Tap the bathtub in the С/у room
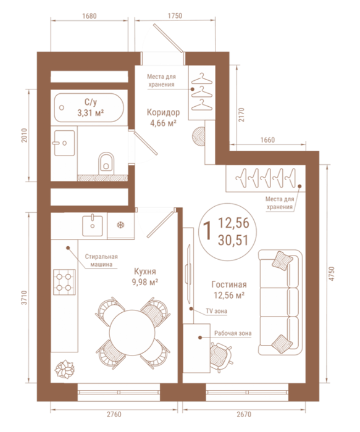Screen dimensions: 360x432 coord(89,107)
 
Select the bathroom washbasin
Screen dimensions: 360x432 coord(64,143)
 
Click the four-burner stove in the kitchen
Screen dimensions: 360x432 coord(64,282)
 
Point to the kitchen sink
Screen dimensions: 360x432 coord(93,226)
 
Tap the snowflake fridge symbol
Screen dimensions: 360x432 coord(120,225)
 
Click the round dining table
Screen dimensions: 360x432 coord(131,331)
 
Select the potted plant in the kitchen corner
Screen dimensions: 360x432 coord(64,368)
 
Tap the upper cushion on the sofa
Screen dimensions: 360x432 coord(282,260)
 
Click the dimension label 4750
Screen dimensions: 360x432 coord(332,273)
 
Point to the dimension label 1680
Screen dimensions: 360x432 coord(90,16)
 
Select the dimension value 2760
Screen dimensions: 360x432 coord(114,414)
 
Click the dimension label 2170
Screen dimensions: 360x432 coord(241,115)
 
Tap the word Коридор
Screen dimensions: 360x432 coord(164,112)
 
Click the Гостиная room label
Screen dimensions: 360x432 coord(229,285)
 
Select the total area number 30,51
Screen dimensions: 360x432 coord(233,240)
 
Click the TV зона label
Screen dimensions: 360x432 coord(217,311)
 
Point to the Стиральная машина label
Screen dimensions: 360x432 coord(101,260)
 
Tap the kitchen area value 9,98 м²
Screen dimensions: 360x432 coord(145,282)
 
